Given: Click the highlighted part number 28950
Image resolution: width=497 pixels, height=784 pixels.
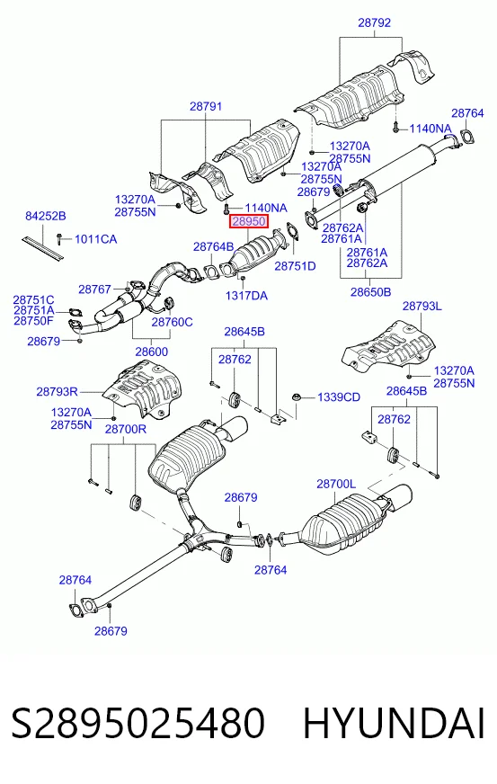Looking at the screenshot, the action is pyautogui.click(x=248, y=221).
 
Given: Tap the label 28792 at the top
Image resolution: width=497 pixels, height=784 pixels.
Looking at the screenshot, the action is pyautogui.click(x=374, y=22).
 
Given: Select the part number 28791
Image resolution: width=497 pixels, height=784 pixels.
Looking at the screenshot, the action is pyautogui.click(x=206, y=106).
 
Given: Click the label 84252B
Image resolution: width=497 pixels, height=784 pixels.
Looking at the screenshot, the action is pyautogui.click(x=46, y=216).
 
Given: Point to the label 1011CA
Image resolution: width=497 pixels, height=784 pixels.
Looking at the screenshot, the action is pyautogui.click(x=96, y=239).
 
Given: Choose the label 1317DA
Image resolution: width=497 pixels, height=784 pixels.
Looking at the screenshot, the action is pyautogui.click(x=246, y=296).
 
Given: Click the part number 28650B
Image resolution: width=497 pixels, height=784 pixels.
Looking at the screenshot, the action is pyautogui.click(x=370, y=291).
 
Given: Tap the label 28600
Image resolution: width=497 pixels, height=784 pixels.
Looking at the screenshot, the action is pyautogui.click(x=151, y=352).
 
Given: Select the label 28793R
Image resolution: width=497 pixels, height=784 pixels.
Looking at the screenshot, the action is pyautogui.click(x=57, y=391).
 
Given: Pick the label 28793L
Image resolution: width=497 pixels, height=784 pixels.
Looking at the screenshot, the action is pyautogui.click(x=422, y=306).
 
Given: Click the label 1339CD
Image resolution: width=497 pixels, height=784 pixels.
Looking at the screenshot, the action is pyautogui.click(x=339, y=397).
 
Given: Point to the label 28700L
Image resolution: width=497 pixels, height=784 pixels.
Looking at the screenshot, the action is pyautogui.click(x=336, y=484).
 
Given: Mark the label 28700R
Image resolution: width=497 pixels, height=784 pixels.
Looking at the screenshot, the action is pyautogui.click(x=126, y=429).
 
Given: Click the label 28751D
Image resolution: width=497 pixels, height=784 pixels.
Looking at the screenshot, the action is pyautogui.click(x=295, y=266).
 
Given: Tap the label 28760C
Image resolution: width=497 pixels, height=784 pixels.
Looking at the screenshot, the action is pyautogui.click(x=172, y=322).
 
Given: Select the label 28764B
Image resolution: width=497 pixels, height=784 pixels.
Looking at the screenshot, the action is pyautogui.click(x=214, y=246).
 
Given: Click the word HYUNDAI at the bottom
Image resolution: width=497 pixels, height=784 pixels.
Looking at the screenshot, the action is pyautogui.click(x=394, y=723).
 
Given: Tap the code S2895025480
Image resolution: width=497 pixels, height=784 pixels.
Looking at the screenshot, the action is pyautogui.click(x=138, y=723).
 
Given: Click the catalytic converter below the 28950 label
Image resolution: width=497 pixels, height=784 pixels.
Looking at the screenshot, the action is pyautogui.click(x=254, y=253).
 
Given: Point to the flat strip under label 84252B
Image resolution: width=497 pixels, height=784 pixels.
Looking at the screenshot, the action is pyautogui.click(x=43, y=247).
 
